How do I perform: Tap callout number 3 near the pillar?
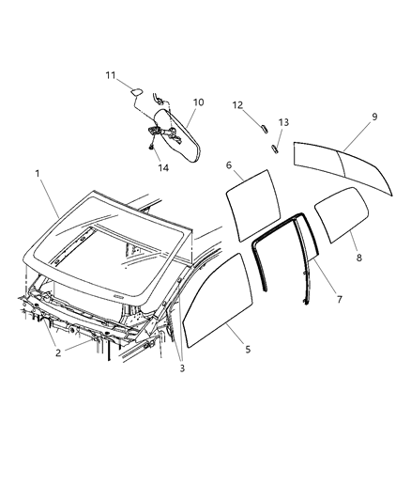point(182,368)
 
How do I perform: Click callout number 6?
point(228,164)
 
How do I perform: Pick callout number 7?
point(339,300)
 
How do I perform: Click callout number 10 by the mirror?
point(198,102)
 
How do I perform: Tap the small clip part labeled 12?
point(265,123)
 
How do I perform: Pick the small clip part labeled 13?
point(278,146)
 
